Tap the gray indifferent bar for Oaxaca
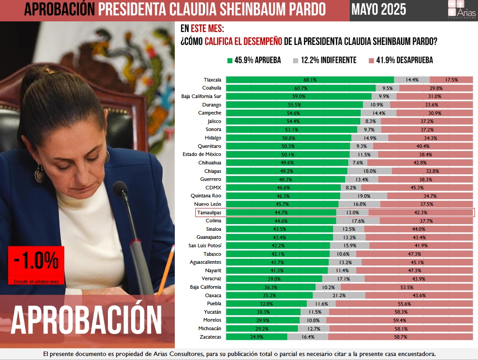click(x=339, y=295)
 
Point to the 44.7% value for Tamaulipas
click(x=281, y=213)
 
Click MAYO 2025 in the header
click(x=379, y=9)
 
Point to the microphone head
click(x=120, y=189)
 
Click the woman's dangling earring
click(x=40, y=172)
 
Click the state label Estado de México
click(x=202, y=154)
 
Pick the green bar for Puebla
click(x=266, y=303)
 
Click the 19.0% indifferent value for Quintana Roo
click(x=364, y=196)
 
